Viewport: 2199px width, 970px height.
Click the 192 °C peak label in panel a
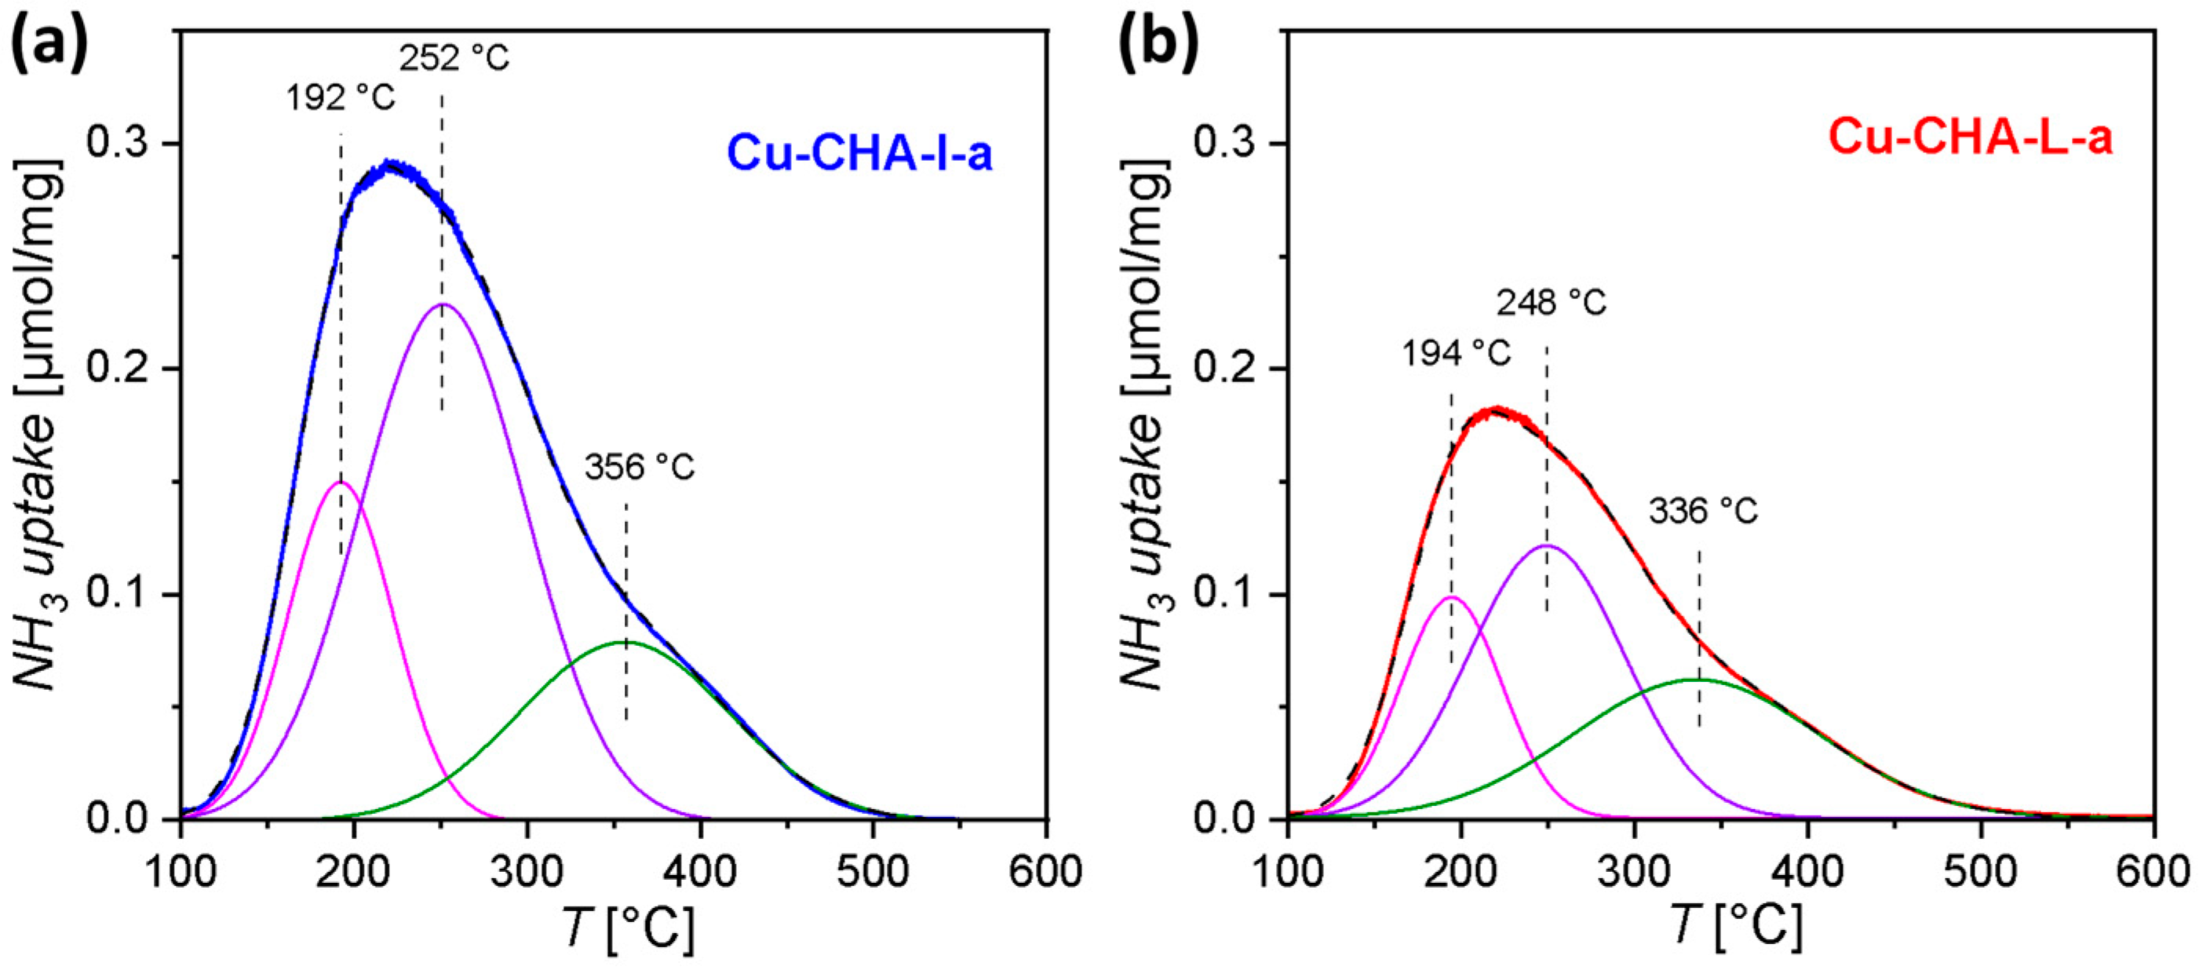click(341, 98)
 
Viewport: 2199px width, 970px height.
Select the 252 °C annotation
click(454, 58)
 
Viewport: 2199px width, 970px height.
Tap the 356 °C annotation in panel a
click(640, 467)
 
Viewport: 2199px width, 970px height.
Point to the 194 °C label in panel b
click(1456, 352)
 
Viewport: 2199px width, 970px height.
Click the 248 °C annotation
click(1551, 303)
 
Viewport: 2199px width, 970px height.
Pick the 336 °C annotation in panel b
click(1703, 512)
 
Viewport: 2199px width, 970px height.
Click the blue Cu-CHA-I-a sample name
click(859, 155)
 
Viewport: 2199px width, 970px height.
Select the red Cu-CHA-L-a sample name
click(1969, 137)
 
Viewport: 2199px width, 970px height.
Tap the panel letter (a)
click(49, 46)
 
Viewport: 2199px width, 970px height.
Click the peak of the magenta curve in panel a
click(341, 483)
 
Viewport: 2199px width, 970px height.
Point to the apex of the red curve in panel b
click(1496, 410)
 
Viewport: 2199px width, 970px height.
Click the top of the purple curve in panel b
click(1546, 545)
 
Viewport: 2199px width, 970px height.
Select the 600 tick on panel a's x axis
click(1047, 872)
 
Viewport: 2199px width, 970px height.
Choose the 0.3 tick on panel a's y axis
click(126, 144)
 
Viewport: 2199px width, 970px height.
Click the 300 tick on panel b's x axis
click(1634, 872)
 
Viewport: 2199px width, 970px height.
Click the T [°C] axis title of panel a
click(627, 928)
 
